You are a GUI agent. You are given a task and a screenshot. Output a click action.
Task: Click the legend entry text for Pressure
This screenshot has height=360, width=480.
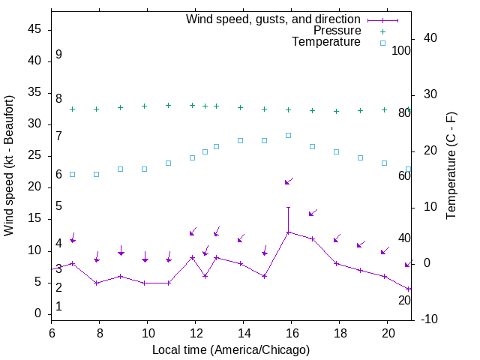337,31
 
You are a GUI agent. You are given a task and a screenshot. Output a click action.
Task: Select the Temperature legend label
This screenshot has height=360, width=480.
326,43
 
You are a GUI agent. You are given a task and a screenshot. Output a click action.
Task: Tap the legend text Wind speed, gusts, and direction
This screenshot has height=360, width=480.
273,19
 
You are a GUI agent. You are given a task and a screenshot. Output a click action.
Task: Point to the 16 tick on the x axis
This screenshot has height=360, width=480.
291,331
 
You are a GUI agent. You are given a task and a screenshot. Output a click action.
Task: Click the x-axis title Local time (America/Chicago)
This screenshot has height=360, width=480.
231,349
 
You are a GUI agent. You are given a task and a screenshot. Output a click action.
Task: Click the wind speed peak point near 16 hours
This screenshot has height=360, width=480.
288,232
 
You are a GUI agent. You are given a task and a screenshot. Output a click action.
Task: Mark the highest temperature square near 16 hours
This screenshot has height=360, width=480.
288,135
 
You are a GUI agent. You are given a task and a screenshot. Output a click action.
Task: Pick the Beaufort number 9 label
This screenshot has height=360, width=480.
58,55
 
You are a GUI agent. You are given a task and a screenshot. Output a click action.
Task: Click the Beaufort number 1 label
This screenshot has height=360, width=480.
58,307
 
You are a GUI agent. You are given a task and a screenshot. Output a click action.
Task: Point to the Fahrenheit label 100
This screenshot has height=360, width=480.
402,51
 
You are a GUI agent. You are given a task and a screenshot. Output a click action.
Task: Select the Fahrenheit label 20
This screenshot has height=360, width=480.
404,301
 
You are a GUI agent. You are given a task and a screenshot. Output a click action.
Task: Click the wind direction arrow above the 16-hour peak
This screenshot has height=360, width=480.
288,181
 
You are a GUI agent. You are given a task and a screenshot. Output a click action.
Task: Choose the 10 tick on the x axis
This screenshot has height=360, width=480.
147,331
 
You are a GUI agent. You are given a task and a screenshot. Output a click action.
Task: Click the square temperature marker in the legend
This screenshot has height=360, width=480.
382,43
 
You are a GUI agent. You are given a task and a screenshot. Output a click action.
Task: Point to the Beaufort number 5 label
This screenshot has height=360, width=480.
58,206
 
